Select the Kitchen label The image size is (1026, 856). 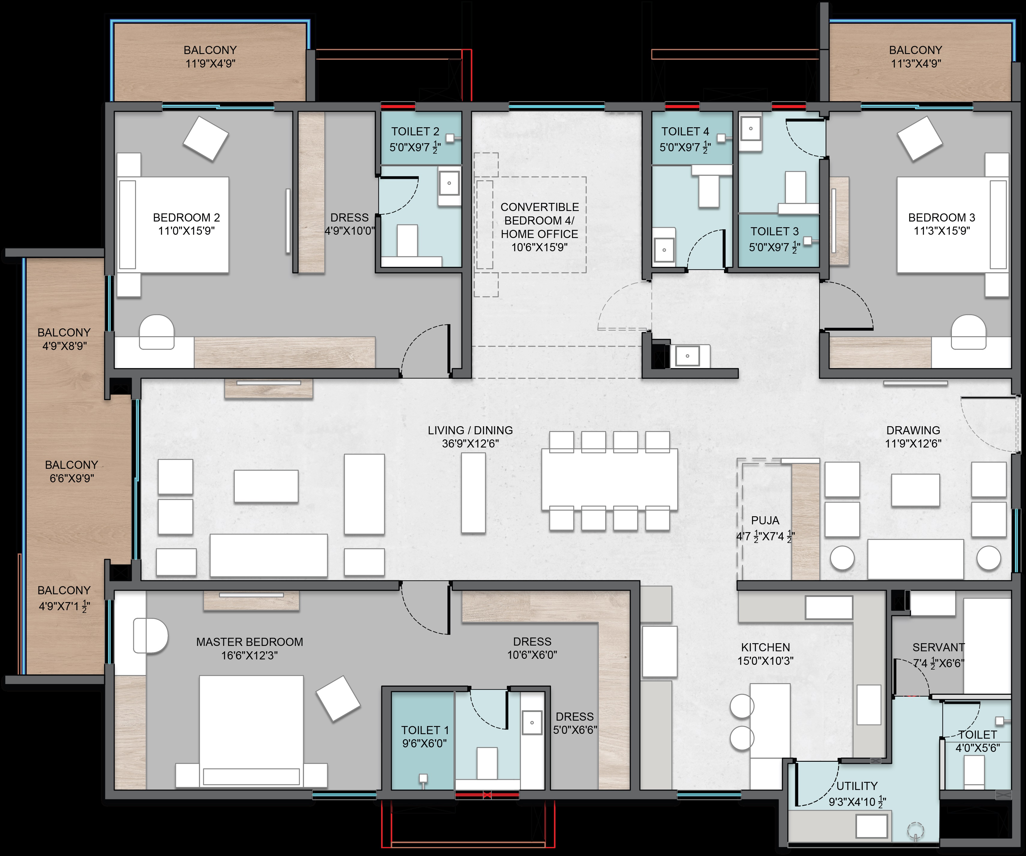tap(766, 647)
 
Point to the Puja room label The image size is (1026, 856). tap(765, 520)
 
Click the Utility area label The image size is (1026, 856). tap(857, 786)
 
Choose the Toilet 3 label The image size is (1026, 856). tap(775, 231)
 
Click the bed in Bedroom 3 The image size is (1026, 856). tap(953, 225)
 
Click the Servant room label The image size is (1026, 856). tap(939, 647)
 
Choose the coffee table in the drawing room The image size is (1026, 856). tap(916, 490)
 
